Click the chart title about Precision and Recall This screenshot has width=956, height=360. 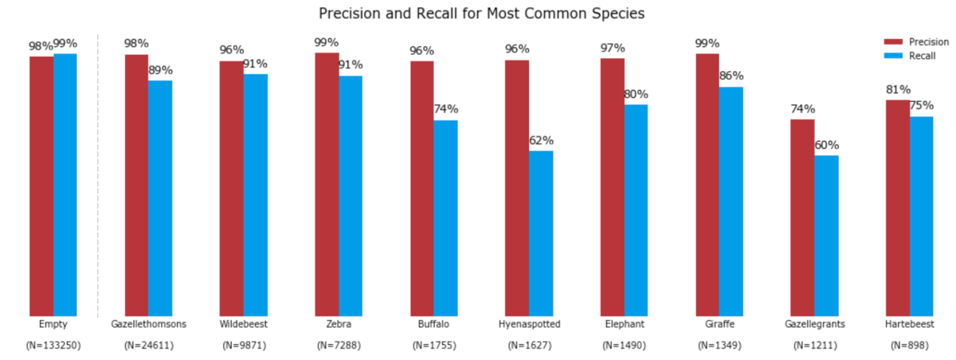(481, 14)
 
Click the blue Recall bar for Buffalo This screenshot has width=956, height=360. (445, 218)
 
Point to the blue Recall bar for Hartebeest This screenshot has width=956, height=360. (921, 216)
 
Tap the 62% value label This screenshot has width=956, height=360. (541, 141)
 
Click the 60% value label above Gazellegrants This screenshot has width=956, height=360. (826, 146)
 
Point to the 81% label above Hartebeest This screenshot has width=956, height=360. (898, 90)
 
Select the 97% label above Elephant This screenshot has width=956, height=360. (613, 49)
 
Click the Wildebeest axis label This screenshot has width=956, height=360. (244, 325)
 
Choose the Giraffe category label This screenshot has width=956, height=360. (719, 325)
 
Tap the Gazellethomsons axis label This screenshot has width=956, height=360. (148, 325)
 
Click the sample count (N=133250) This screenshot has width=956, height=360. (53, 346)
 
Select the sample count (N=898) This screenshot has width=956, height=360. (909, 346)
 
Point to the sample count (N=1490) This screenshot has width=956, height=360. (624, 346)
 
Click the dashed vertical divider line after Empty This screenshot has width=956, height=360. (98, 175)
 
